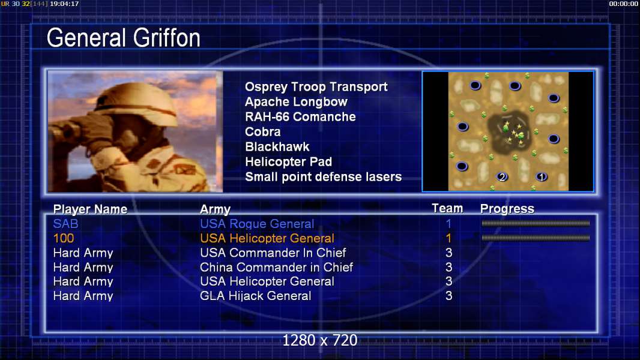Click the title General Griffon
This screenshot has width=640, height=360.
(x=123, y=38)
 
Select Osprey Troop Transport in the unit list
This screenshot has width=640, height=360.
(x=316, y=87)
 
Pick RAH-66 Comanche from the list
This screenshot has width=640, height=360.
(x=300, y=116)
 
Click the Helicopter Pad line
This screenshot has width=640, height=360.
(x=288, y=162)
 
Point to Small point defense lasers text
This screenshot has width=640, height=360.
(x=323, y=177)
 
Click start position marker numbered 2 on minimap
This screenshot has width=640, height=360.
(x=502, y=177)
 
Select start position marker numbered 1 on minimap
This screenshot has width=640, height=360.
(x=542, y=177)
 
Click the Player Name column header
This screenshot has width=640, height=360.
(x=90, y=209)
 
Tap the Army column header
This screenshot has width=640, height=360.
(x=215, y=209)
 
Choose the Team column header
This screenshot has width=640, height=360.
(x=447, y=208)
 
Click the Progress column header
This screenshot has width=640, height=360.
(x=507, y=209)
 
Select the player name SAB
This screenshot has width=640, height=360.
(x=65, y=224)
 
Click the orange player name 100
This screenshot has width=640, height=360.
(x=64, y=238)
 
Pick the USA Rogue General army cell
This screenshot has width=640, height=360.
(x=257, y=224)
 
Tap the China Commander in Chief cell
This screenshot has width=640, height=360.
(x=276, y=267)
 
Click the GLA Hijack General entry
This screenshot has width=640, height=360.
(x=256, y=296)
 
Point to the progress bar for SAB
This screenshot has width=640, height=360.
(x=536, y=223)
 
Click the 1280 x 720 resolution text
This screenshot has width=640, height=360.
(x=320, y=340)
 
